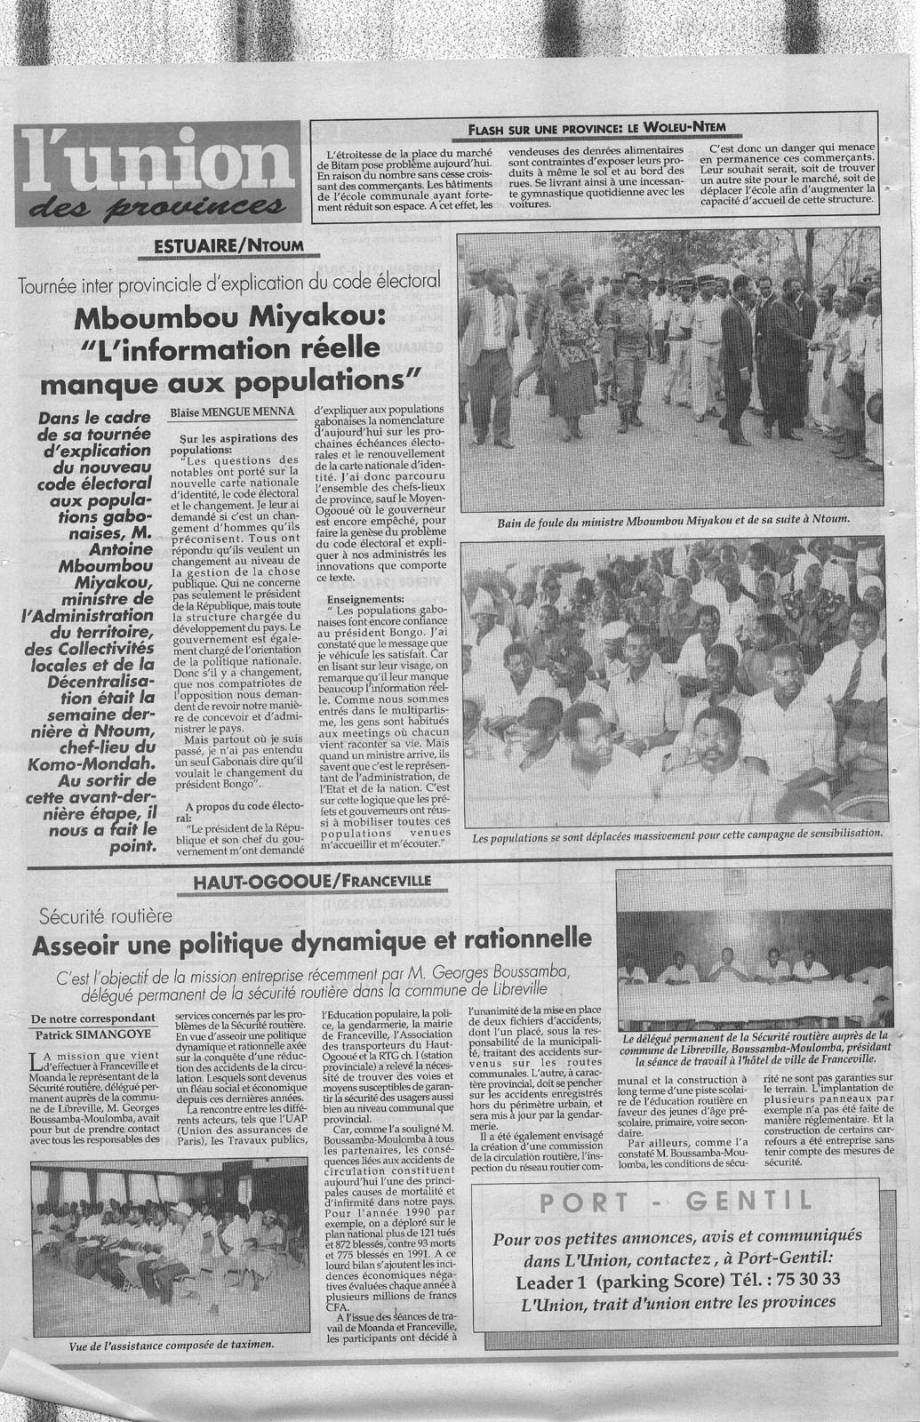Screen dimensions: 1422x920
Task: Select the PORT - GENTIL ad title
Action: coord(676,1202)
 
